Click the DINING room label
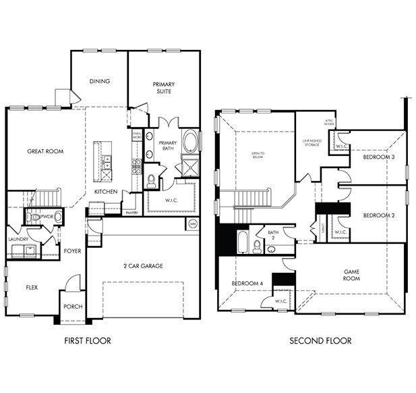click(x=100, y=82)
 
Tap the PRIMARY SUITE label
click(x=164, y=87)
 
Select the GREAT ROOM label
click(x=45, y=151)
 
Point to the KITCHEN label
click(x=106, y=192)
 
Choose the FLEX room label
click(x=32, y=287)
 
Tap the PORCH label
click(x=73, y=307)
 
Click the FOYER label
click(x=72, y=251)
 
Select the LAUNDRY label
click(x=19, y=239)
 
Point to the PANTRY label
click(x=131, y=213)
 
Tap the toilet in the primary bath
click(x=152, y=180)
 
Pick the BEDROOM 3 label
click(x=378, y=157)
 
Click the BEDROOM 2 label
click(x=378, y=215)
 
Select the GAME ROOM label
click(x=351, y=275)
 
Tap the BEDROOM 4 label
click(x=247, y=283)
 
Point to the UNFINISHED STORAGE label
click(x=311, y=141)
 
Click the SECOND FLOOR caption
click(x=320, y=340)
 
